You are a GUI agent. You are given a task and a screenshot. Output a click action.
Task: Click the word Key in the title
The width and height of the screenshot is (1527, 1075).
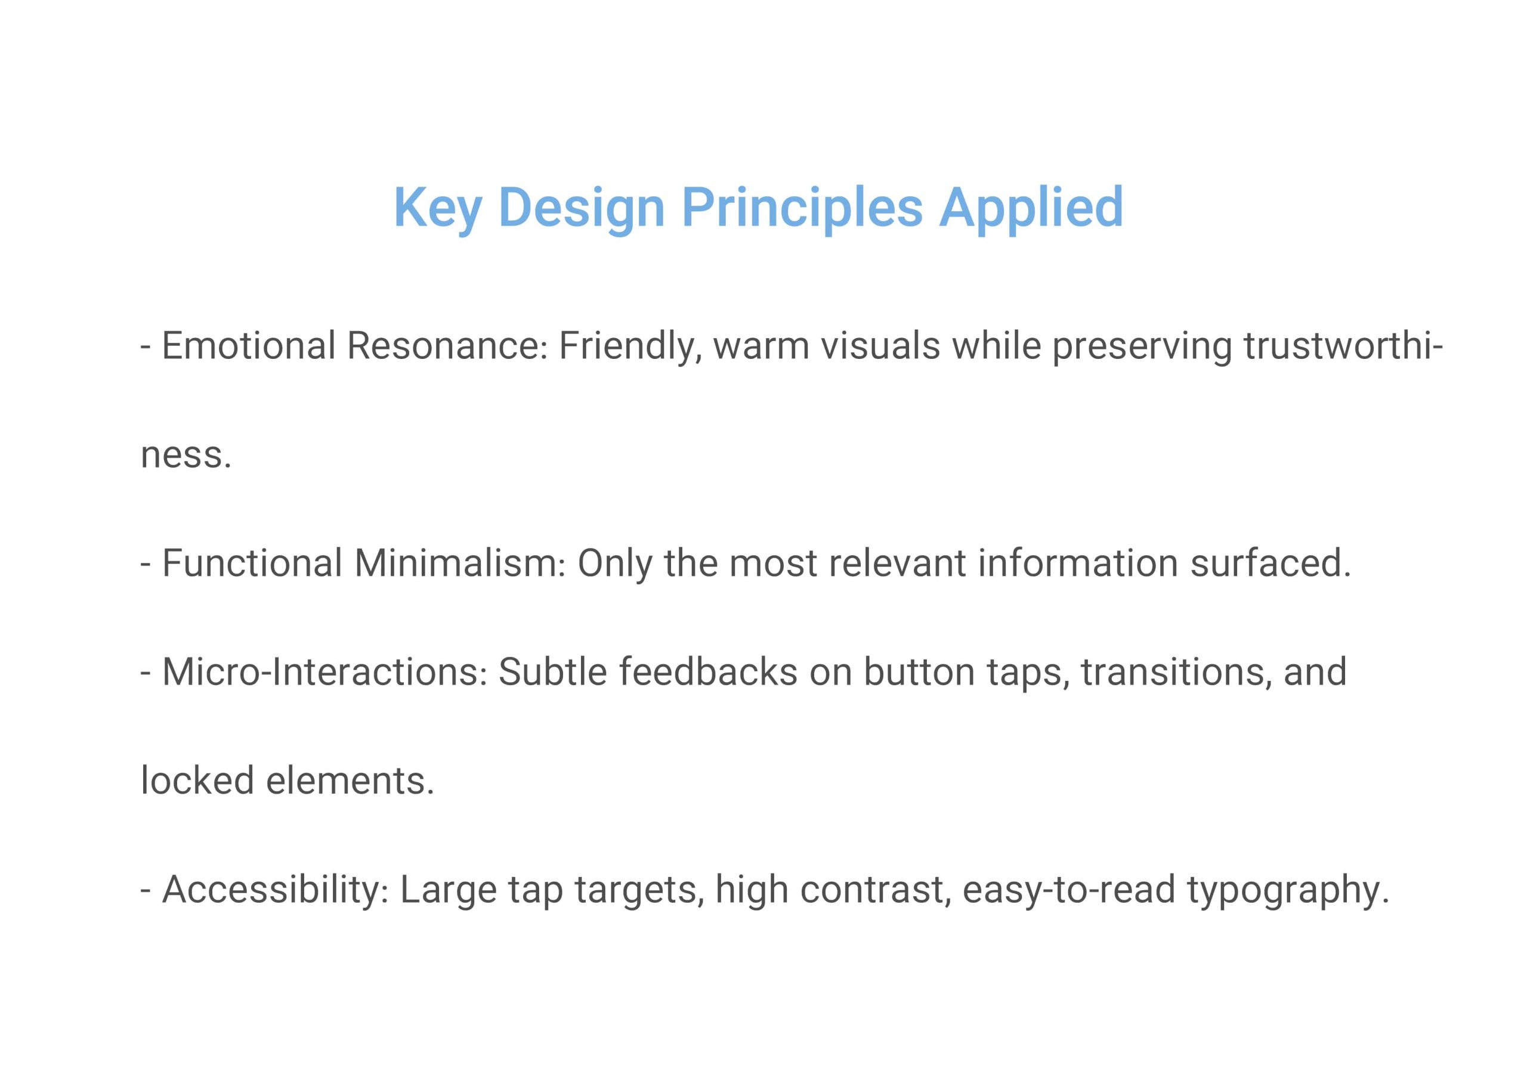click(x=437, y=209)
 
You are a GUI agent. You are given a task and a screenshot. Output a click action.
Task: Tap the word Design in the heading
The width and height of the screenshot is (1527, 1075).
click(x=581, y=209)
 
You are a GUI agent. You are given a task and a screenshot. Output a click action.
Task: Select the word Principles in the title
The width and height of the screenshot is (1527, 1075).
click(x=802, y=209)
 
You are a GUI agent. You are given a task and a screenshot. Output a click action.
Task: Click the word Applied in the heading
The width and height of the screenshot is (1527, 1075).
click(x=1031, y=209)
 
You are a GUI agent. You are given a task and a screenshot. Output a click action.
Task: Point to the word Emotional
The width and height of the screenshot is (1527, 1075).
click(x=249, y=346)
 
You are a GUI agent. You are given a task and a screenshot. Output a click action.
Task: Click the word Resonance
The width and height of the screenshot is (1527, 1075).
click(x=447, y=346)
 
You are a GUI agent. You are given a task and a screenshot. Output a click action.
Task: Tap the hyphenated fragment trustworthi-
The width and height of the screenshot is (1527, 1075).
click(x=1343, y=346)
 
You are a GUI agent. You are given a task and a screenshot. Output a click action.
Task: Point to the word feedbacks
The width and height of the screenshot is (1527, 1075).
click(x=708, y=672)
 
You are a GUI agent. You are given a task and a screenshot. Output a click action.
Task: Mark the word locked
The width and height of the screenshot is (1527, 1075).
click(x=197, y=780)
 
